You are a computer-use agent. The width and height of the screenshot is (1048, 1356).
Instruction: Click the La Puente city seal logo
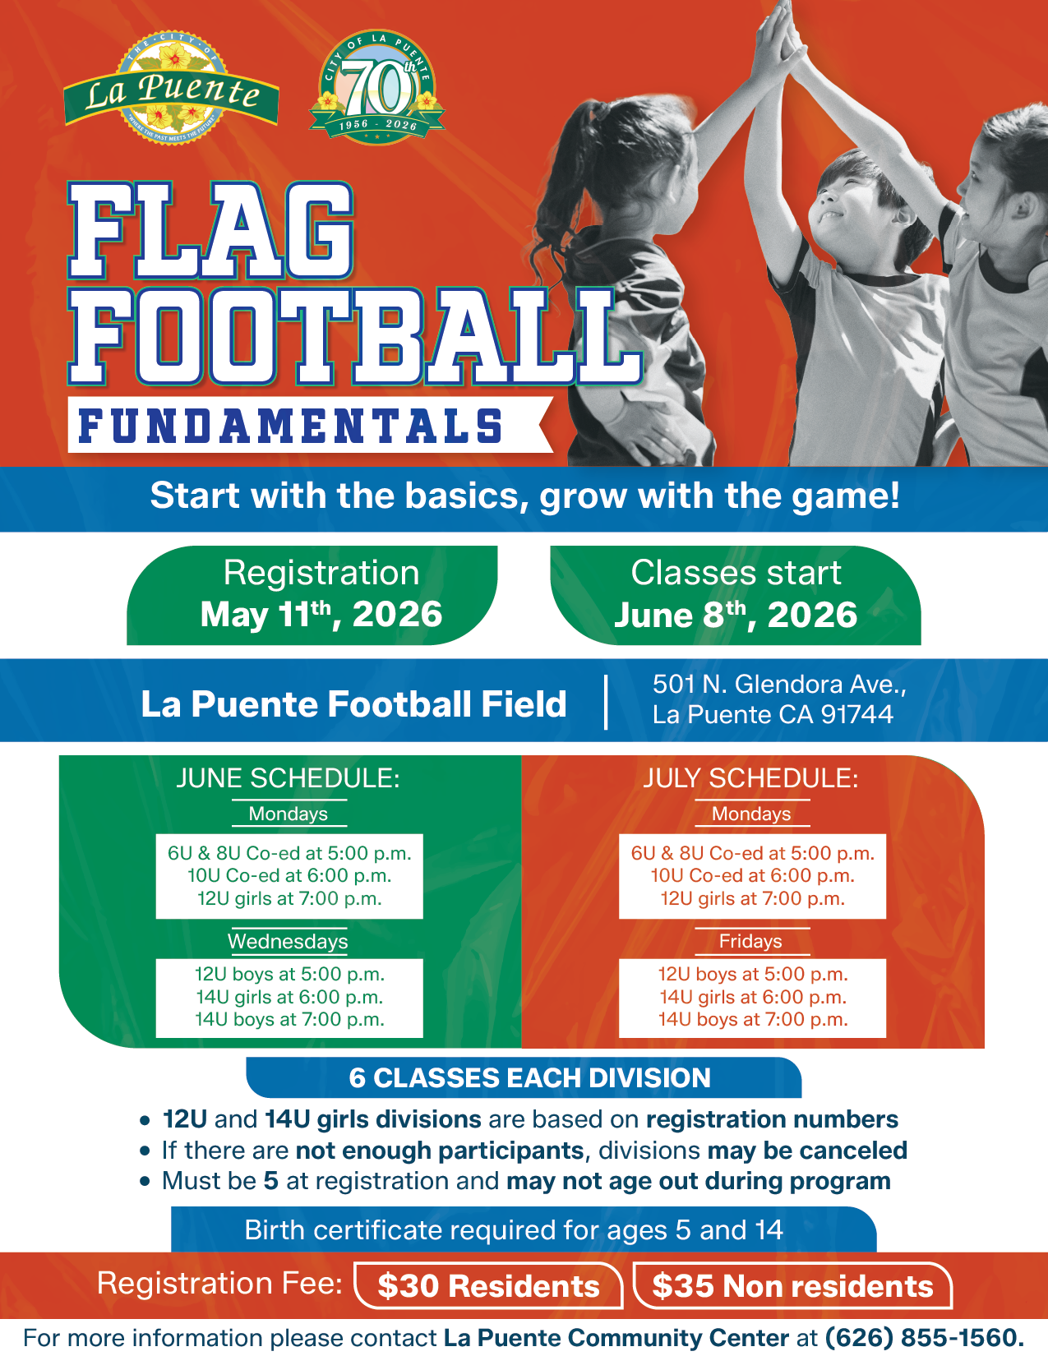click(170, 88)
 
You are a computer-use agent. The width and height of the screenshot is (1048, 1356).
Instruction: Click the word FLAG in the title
click(211, 230)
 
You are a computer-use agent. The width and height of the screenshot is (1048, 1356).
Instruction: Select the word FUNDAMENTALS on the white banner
click(290, 427)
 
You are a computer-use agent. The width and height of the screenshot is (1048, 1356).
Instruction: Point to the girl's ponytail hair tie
click(601, 111)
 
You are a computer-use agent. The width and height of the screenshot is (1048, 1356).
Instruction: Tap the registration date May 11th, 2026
click(321, 615)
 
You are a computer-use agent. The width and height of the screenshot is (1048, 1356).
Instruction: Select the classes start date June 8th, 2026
click(736, 615)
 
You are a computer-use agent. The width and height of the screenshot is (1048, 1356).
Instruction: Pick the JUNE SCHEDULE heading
click(288, 778)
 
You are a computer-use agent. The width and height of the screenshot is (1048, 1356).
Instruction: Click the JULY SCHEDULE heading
click(751, 778)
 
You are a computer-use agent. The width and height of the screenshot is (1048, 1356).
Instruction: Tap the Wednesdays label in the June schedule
click(288, 941)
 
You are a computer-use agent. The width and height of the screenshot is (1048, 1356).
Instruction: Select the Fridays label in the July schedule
click(750, 941)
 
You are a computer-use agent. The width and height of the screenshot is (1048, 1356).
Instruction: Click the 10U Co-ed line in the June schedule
click(289, 875)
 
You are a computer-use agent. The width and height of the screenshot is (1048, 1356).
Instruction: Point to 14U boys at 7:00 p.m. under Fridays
click(753, 1019)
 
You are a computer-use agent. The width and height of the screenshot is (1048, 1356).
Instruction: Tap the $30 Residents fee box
click(489, 1285)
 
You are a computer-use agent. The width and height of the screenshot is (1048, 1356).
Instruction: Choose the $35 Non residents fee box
click(792, 1285)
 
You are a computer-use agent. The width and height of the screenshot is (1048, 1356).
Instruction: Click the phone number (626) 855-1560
click(925, 1338)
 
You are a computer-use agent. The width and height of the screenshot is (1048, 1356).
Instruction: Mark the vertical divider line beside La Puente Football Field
click(606, 701)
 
